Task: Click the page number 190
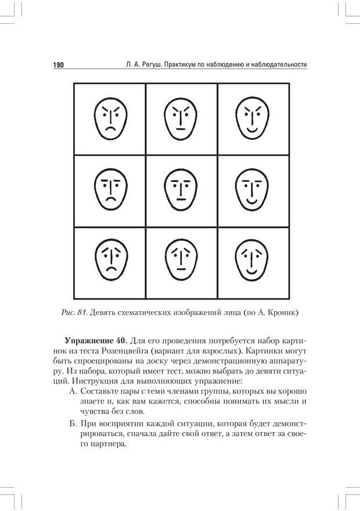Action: coord(56,65)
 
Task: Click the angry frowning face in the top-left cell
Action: coord(110,120)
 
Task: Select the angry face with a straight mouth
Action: coord(181,120)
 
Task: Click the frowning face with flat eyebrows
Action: coord(110,191)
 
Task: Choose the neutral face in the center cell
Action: coord(181,191)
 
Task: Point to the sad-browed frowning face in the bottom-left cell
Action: coord(110,262)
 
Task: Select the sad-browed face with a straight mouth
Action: coord(181,262)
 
